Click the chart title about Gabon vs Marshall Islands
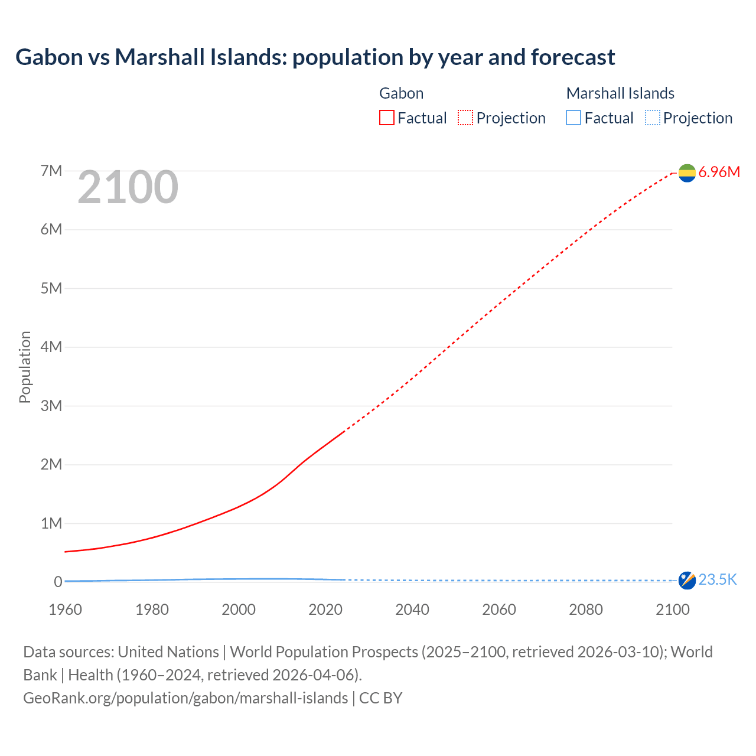coord(315,57)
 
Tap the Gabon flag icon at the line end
coord(687,172)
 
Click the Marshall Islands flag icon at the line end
coord(687,580)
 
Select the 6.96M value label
coord(719,172)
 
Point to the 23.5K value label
coord(718,580)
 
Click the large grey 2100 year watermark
coord(128,187)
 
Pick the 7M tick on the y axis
coord(51,171)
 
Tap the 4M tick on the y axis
coord(51,347)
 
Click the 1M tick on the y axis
coord(51,523)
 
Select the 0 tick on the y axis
coord(58,582)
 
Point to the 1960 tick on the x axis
coord(65,610)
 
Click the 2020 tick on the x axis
coord(325,610)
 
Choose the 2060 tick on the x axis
coord(499,610)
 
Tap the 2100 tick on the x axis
coord(672,610)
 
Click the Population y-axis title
coord(25,367)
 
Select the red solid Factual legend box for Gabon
coord(387,118)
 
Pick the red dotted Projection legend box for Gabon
coord(465,118)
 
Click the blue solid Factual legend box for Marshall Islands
coord(573,118)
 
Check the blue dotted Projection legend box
coord(652,118)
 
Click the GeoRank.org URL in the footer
coord(185,698)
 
